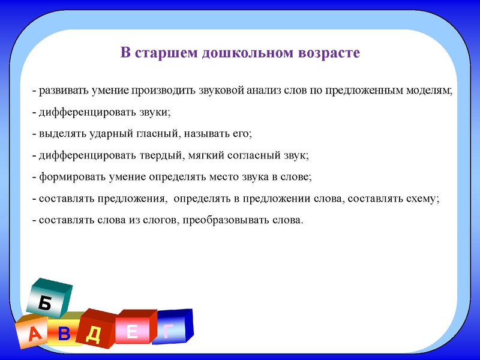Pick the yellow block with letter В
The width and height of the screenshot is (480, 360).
pos(65,332)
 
